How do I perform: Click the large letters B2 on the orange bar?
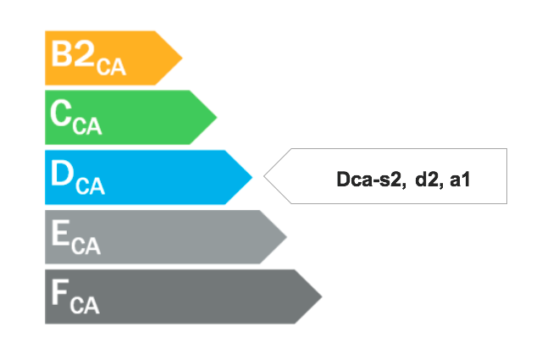(73, 53)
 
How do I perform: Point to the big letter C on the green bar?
(61, 113)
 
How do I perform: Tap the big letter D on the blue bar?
(62, 173)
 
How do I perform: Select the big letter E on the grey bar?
(60, 232)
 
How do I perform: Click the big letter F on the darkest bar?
(60, 292)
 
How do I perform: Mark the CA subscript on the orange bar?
(111, 67)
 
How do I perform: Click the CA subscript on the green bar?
(87, 126)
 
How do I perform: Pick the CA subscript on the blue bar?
(91, 186)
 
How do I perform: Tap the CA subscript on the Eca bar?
(86, 246)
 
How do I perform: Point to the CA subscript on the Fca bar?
(85, 305)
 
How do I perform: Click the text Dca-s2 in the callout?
(369, 179)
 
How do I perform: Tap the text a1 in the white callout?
(460, 180)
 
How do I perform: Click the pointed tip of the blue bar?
(252, 177)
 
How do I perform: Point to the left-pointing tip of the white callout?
(264, 176)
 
